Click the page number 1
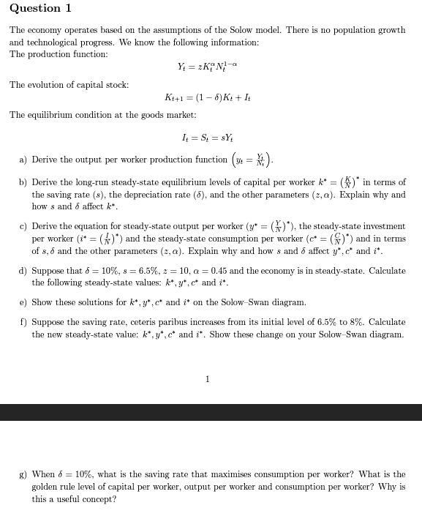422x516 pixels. point(208,378)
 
